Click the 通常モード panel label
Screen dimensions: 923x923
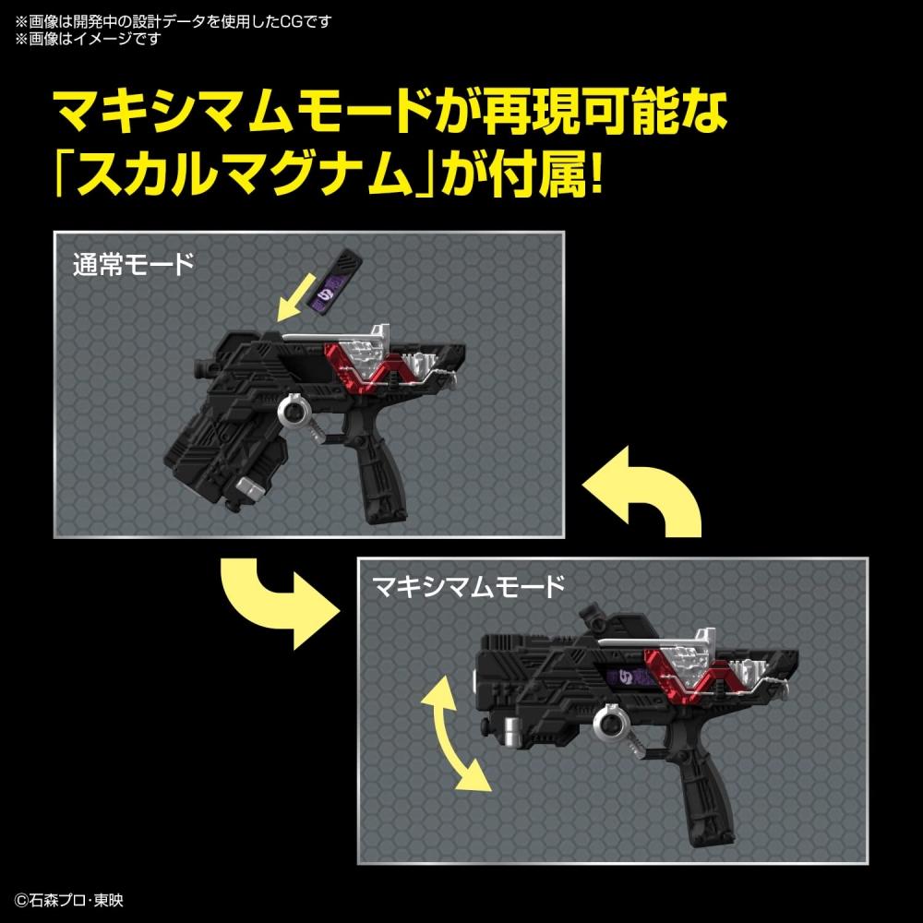[x=134, y=266]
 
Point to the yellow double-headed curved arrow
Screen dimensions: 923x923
[x=451, y=731]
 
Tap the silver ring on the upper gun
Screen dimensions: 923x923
[x=295, y=411]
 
